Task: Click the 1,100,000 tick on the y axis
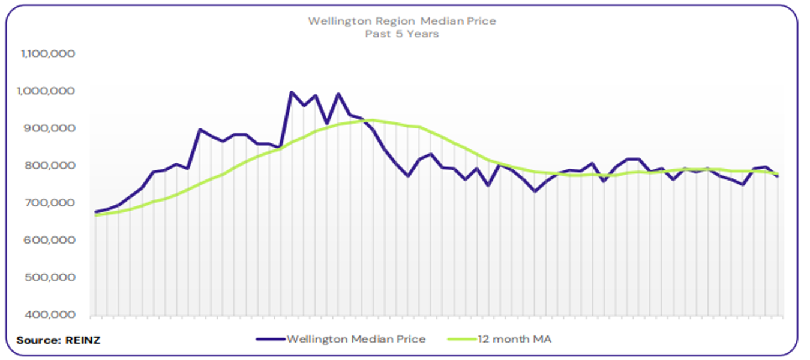[47, 53]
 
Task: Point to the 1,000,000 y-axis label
[47, 91]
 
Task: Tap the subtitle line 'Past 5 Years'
[402, 34]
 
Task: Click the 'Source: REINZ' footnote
[58, 340]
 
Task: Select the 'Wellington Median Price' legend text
[356, 339]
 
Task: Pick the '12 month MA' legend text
[514, 339]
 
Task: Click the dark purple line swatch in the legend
[270, 339]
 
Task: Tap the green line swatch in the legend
[461, 339]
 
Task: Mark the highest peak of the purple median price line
[292, 92]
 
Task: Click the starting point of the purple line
[95, 212]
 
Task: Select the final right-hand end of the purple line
[778, 176]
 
